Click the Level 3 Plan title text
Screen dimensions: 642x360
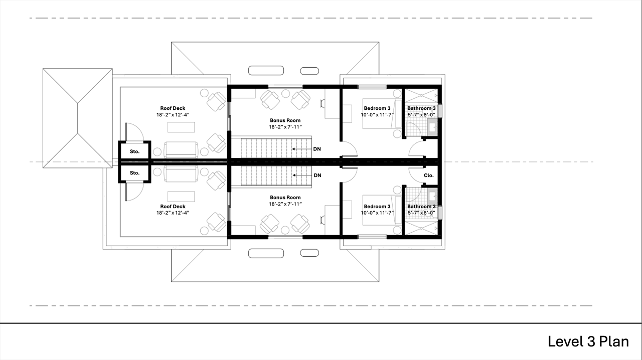click(x=588, y=341)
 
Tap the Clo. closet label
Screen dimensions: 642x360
click(x=429, y=175)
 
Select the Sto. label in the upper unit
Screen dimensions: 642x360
click(x=135, y=151)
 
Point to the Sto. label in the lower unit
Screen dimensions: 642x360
click(x=135, y=173)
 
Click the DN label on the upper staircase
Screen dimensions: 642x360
click(x=317, y=149)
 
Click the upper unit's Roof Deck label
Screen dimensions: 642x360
click(x=173, y=108)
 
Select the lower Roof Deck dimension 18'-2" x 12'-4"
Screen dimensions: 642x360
click(x=173, y=213)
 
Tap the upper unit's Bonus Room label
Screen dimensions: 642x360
click(x=285, y=120)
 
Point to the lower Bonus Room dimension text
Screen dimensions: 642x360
click(x=285, y=204)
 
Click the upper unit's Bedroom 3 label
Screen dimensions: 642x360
click(x=377, y=108)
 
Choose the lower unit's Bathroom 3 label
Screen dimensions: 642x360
click(x=421, y=207)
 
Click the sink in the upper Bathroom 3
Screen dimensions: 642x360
click(x=432, y=127)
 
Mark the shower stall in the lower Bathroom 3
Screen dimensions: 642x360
click(x=422, y=228)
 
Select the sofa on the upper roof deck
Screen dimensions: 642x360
click(x=181, y=149)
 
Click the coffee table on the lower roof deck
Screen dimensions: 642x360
click(x=181, y=197)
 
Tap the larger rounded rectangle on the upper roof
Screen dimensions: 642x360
click(x=266, y=71)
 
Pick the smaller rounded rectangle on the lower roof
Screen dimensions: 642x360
click(x=309, y=253)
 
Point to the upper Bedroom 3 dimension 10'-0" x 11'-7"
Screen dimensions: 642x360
click(x=377, y=115)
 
